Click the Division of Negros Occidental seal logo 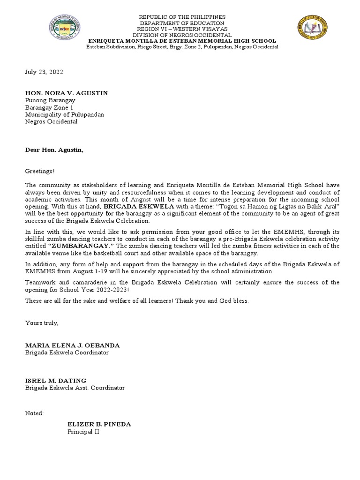tap(65, 28)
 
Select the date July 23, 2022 tap(44, 72)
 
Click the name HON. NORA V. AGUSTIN tap(66, 93)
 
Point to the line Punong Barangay tap(50, 100)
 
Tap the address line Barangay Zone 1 tap(49, 107)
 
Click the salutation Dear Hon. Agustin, tap(54, 150)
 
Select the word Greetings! tap(40, 172)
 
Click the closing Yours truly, tap(42, 323)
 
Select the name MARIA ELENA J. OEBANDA tap(72, 345)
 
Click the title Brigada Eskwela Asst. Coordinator tap(75, 388)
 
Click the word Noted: tap(34, 413)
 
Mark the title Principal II tap(83, 432)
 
